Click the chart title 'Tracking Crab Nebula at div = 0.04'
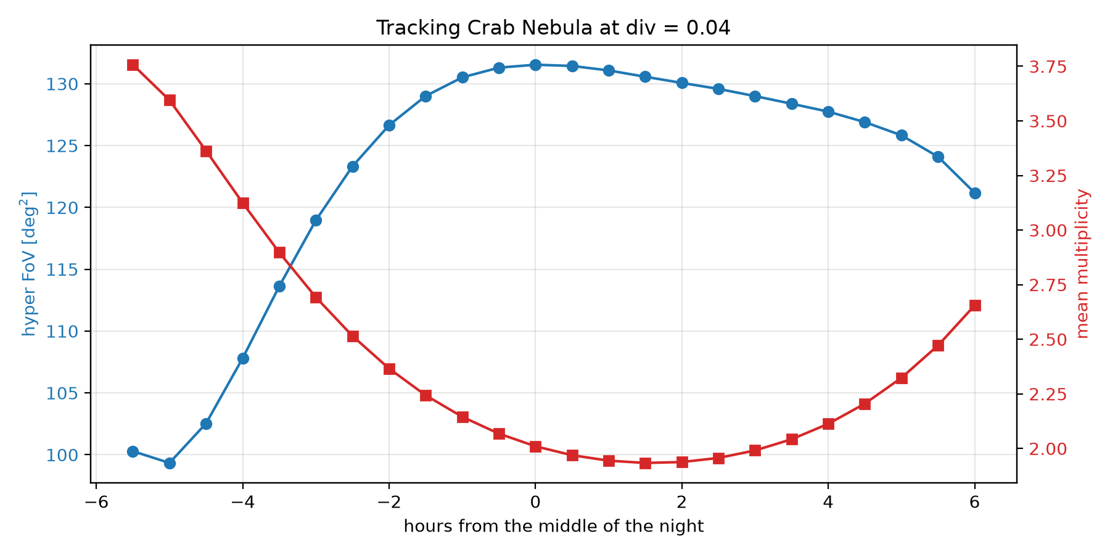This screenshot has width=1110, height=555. pyautogui.click(x=553, y=28)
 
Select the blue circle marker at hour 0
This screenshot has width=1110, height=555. pyautogui.click(x=535, y=65)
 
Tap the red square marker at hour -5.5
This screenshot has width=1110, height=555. pyautogui.click(x=133, y=65)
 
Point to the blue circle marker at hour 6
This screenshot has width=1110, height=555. pyautogui.click(x=975, y=193)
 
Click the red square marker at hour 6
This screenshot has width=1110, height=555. pyautogui.click(x=975, y=306)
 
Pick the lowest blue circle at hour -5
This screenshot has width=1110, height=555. pyautogui.click(x=170, y=463)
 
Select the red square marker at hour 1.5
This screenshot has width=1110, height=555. pyautogui.click(x=645, y=463)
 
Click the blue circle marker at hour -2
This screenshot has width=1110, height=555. pyautogui.click(x=389, y=125)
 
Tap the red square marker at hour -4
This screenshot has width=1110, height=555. pyautogui.click(x=243, y=203)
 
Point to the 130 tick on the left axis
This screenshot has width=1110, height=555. pyautogui.click(x=88, y=84)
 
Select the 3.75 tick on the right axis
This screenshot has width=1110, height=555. pyautogui.click(x=1019, y=67)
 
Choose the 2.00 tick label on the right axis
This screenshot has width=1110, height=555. pyautogui.click(x=1046, y=449)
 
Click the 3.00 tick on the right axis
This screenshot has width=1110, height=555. pyautogui.click(x=1019, y=231)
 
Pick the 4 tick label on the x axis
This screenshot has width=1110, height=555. pyautogui.click(x=828, y=503)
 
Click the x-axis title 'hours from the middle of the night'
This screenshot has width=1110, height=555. pyautogui.click(x=554, y=526)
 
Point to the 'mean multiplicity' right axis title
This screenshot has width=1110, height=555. pyautogui.click(x=1083, y=264)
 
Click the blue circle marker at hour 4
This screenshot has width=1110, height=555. pyautogui.click(x=828, y=112)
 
